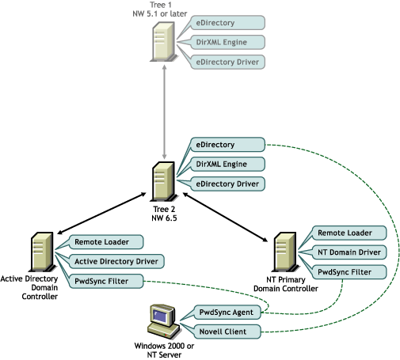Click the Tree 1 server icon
coord(164,42)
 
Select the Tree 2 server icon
coord(164,182)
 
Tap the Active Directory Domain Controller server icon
coord(43,252)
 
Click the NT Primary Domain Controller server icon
coord(285,252)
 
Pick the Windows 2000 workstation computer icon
coord(163,321)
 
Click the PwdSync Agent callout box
coord(227,313)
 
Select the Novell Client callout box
coord(227,332)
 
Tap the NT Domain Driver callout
coord(349,252)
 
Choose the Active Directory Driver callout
coord(116,261)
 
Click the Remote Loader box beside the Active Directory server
coord(106,242)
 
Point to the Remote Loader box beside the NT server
coord(349,233)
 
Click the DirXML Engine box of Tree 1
coord(227,42)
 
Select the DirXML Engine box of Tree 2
coord(227,164)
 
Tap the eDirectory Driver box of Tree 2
coord(227,184)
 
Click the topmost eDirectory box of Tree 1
coord(227,23)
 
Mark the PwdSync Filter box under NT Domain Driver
coord(349,272)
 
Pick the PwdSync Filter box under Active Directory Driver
coord(106,281)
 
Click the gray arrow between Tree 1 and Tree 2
coord(164,112)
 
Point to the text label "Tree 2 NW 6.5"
coord(164,214)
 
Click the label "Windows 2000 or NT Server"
coord(164,351)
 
